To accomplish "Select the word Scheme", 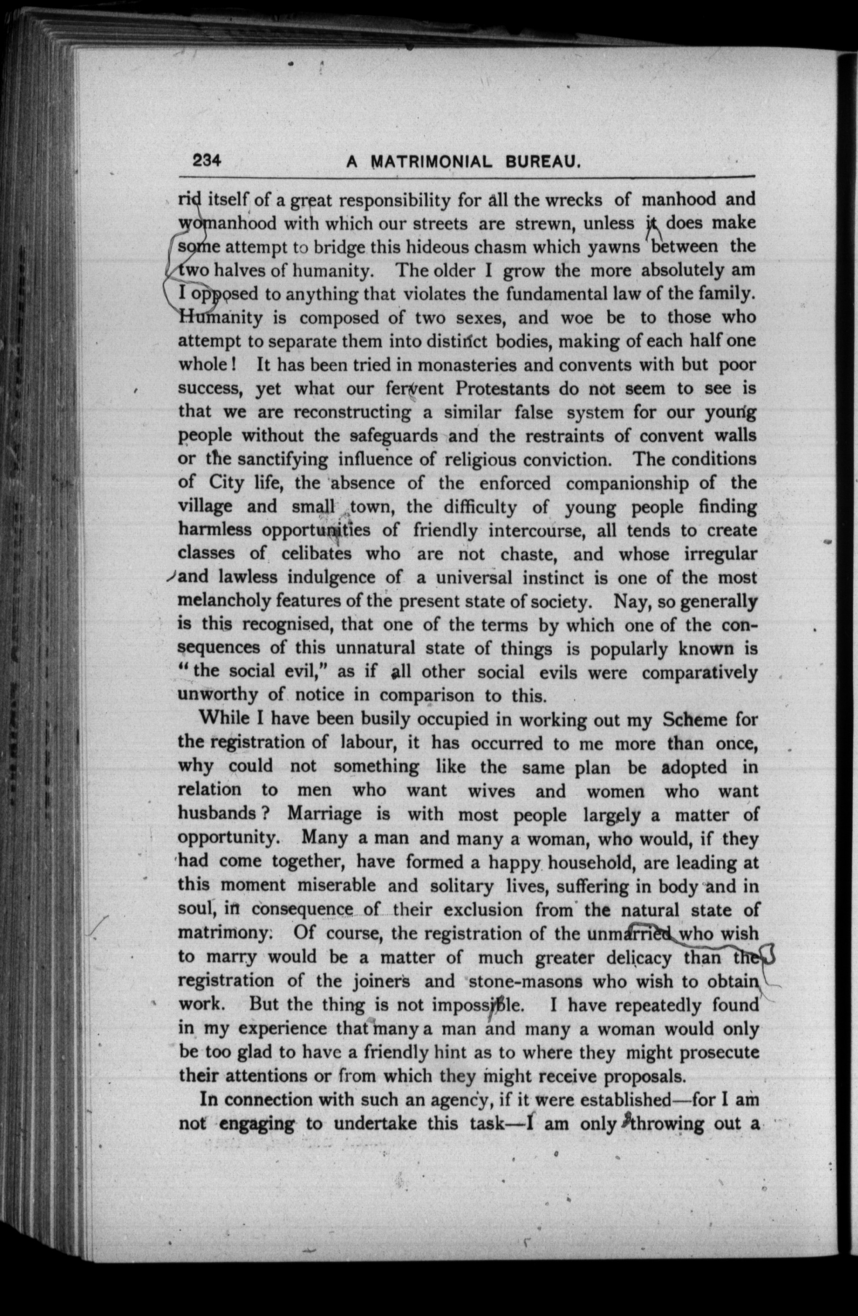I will click(695, 719).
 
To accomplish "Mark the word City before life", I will click(226, 483).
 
